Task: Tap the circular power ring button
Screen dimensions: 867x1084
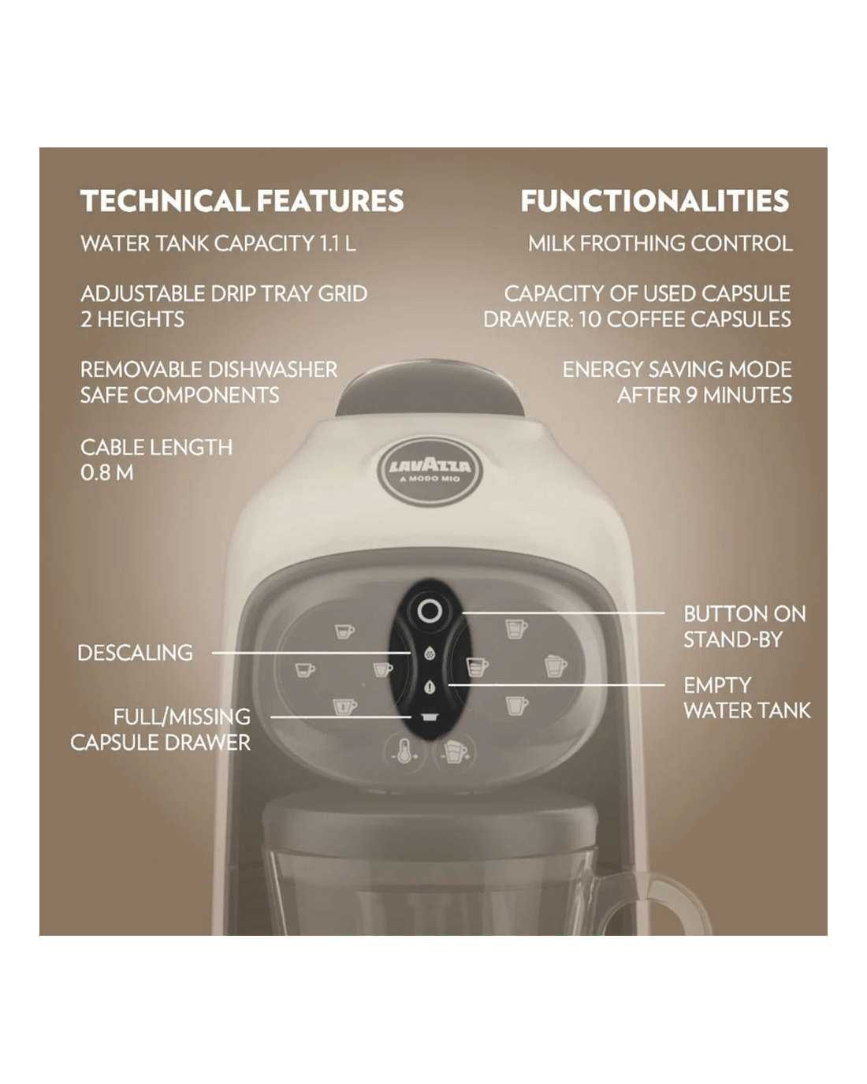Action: tap(430, 612)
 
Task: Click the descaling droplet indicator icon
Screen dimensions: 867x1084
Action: tap(430, 654)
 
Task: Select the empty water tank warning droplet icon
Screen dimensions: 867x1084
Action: tap(430, 687)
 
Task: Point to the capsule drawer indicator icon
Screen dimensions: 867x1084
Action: tap(430, 717)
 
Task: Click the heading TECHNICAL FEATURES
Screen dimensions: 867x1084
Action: tap(242, 200)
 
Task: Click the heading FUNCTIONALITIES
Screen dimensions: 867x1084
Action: tap(655, 200)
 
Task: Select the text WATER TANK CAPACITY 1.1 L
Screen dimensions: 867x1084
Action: tap(218, 244)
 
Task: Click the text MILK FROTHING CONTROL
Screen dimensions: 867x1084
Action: tap(660, 244)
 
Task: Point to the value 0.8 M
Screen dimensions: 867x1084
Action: tap(107, 473)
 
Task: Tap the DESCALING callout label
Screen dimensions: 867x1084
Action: tap(135, 653)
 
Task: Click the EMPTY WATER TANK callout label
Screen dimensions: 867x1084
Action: tap(747, 698)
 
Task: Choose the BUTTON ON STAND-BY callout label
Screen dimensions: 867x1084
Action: tap(745, 627)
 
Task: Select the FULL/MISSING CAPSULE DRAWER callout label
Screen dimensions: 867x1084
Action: tap(160, 729)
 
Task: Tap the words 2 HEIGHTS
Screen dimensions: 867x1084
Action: tap(132, 319)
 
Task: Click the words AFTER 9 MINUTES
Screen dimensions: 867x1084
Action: tap(705, 396)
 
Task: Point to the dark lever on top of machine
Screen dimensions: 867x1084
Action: tap(430, 387)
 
